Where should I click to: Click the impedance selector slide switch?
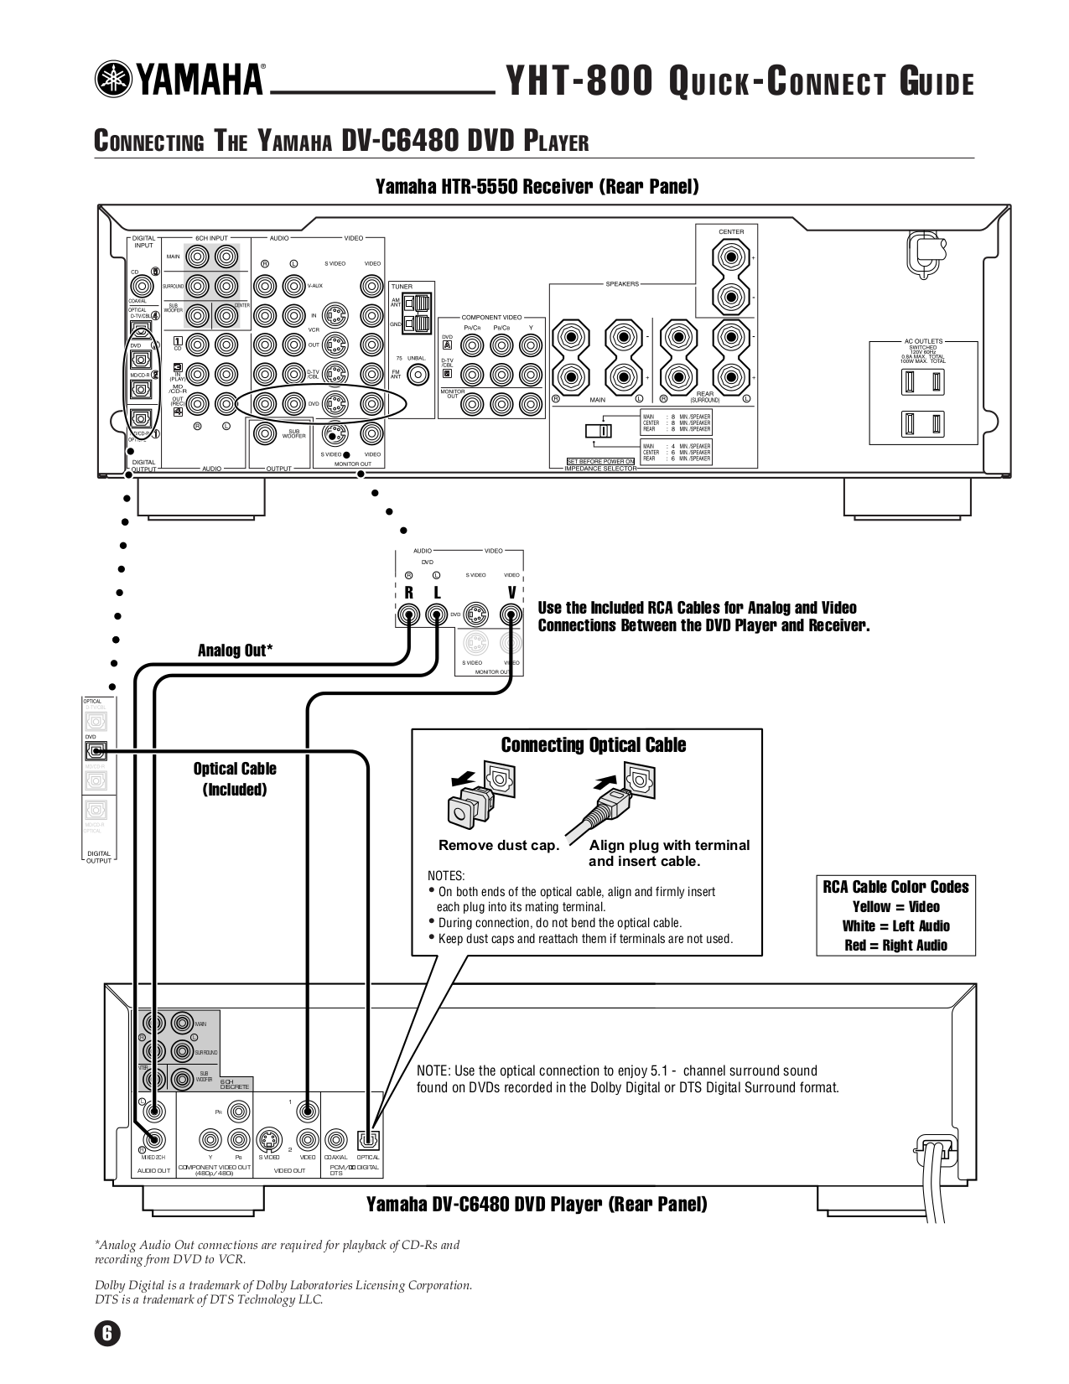(598, 431)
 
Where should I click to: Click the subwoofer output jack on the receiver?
(266, 433)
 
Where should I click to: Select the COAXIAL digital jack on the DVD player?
(335, 1139)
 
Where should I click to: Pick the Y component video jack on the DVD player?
(210, 1139)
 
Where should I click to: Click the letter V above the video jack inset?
(511, 593)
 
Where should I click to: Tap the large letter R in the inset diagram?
(408, 593)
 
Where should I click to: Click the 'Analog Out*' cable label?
(235, 651)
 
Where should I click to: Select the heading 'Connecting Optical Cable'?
(593, 745)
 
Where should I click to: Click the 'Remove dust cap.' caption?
(498, 845)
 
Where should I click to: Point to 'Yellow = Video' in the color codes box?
(895, 907)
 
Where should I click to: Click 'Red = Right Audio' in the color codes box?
(895, 946)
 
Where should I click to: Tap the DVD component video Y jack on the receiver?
(529, 345)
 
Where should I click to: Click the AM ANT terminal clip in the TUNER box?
(419, 302)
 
